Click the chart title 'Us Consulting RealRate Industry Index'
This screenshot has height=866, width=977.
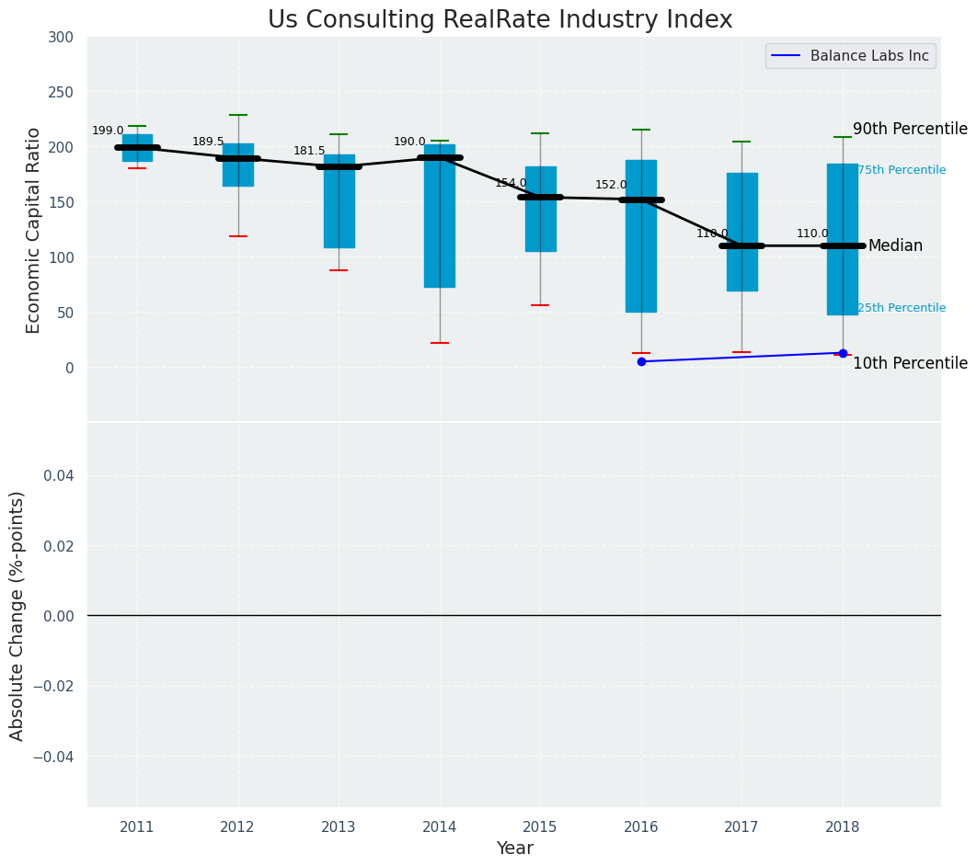(500, 20)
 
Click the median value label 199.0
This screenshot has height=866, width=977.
(108, 131)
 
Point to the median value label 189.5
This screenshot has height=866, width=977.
(208, 142)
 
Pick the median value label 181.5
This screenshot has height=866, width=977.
(309, 152)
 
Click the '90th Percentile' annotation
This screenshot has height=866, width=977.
(910, 130)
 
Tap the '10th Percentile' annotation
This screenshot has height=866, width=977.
(910, 364)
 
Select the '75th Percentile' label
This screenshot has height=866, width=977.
(902, 171)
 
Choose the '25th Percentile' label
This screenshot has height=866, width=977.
(902, 309)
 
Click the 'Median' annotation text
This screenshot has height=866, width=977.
(895, 246)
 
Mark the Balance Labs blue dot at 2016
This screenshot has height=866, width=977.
(641, 362)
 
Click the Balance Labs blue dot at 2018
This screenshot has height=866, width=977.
(843, 353)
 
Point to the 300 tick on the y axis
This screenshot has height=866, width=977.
(62, 38)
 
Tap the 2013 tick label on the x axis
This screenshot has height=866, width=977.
(339, 828)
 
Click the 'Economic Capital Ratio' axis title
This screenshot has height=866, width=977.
(34, 230)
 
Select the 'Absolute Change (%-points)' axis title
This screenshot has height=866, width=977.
(17, 615)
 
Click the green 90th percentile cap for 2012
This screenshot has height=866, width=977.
(238, 115)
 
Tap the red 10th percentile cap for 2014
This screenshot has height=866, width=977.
(440, 343)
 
